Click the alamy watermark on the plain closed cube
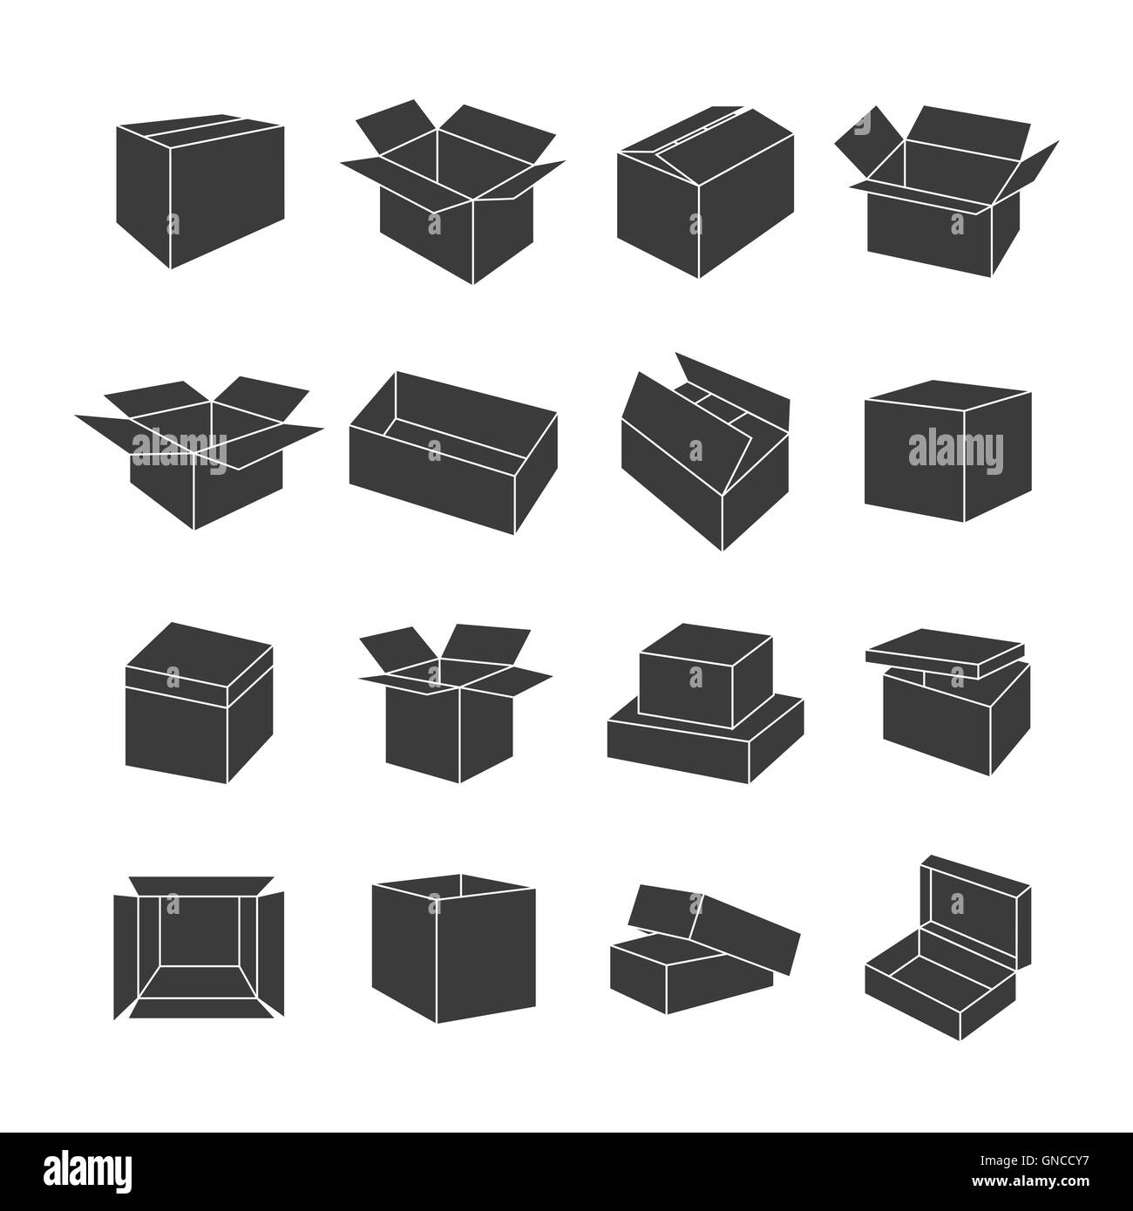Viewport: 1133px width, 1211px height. tap(955, 452)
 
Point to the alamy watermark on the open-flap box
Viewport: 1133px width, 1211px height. tap(180, 452)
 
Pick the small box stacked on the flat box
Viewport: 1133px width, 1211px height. tap(706, 675)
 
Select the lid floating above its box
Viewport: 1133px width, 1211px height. tap(945, 653)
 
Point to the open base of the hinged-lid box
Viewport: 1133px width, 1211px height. tap(940, 988)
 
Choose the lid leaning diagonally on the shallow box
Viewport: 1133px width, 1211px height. tap(712, 929)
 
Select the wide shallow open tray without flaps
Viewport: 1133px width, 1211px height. tap(452, 452)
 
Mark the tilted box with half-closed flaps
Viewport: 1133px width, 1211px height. tap(705, 451)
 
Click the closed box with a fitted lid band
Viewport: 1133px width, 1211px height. tap(199, 702)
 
